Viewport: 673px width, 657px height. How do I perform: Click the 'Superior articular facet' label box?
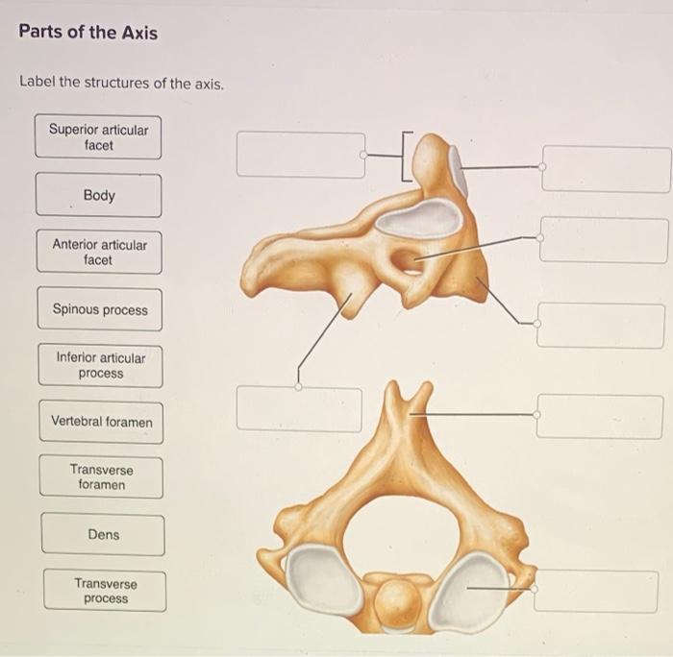(x=98, y=137)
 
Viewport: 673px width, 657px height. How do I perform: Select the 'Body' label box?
(x=98, y=195)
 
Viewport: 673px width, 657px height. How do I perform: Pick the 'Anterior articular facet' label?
(x=99, y=252)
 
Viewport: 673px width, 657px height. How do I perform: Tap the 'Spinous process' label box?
(x=100, y=309)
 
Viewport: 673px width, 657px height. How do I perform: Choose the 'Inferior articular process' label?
(x=100, y=365)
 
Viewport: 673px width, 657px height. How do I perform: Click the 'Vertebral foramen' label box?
(x=101, y=422)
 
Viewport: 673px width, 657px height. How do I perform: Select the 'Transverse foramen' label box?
(x=101, y=477)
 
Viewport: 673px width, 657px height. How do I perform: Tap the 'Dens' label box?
(x=103, y=534)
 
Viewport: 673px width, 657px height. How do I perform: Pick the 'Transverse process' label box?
(x=105, y=591)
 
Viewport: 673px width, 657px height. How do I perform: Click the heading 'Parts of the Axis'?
(x=88, y=33)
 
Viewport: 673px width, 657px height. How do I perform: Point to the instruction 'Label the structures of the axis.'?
(x=122, y=83)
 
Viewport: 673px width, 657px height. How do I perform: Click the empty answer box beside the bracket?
(x=300, y=155)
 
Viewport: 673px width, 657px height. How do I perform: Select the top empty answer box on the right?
(x=606, y=168)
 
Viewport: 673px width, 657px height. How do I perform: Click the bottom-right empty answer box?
(x=595, y=591)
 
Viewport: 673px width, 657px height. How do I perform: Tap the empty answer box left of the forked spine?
(x=299, y=409)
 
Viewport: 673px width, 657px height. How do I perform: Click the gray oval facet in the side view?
(x=419, y=218)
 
